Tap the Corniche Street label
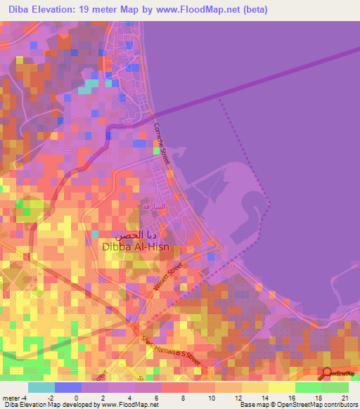[x=163, y=145]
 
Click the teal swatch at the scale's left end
[x=41, y=387]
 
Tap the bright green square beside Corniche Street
[x=156, y=149]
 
